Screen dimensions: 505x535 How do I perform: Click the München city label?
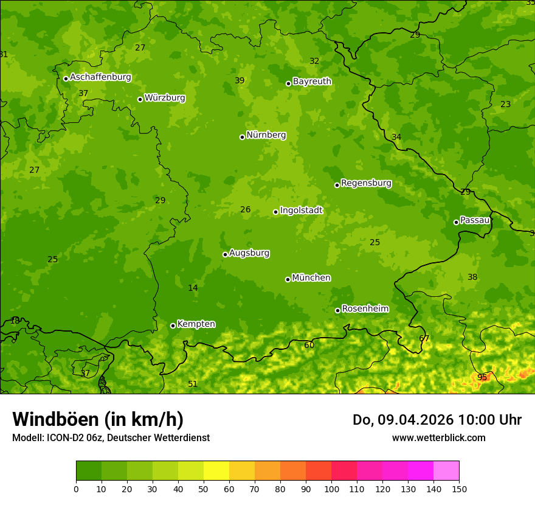(x=311, y=278)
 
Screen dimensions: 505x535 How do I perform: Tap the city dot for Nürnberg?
(x=242, y=137)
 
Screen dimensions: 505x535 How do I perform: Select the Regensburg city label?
(x=366, y=183)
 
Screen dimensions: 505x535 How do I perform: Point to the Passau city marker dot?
(x=456, y=222)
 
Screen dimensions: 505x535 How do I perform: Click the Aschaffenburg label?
(x=100, y=77)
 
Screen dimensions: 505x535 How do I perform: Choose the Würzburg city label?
(x=165, y=98)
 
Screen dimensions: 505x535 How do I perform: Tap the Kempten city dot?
(x=173, y=326)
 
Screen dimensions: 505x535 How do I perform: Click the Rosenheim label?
(x=365, y=309)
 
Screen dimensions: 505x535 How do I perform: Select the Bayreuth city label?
(x=312, y=82)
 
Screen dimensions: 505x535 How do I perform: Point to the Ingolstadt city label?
(x=301, y=211)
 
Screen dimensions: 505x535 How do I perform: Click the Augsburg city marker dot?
(x=225, y=254)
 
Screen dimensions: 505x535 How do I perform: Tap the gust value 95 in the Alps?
(x=482, y=377)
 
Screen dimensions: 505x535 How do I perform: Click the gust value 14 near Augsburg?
(x=193, y=288)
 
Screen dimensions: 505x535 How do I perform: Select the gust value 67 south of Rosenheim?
(x=424, y=338)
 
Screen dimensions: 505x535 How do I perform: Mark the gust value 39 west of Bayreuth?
(x=240, y=81)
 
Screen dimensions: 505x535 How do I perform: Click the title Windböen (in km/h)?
(x=98, y=419)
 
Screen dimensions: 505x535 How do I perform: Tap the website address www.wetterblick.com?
(x=438, y=437)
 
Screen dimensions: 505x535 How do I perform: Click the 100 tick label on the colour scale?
(x=331, y=489)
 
